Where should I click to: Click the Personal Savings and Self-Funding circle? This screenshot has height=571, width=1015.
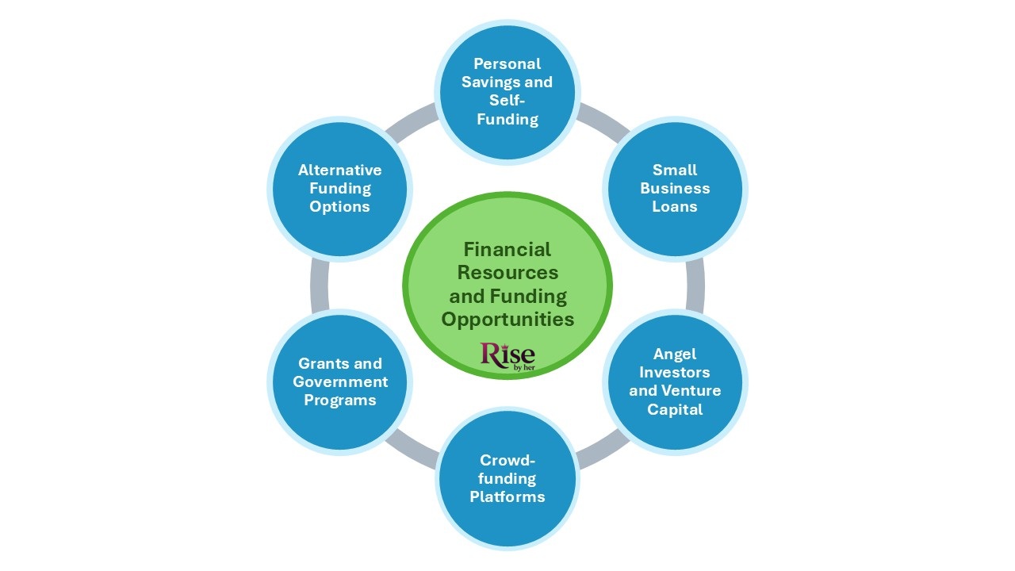[507, 91]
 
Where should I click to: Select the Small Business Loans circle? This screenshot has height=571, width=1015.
[675, 189]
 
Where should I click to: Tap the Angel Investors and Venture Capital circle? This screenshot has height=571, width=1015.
[675, 381]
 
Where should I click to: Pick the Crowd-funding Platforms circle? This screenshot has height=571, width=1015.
[507, 478]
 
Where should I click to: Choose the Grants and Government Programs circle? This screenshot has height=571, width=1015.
[340, 381]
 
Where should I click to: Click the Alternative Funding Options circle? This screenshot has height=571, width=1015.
[340, 189]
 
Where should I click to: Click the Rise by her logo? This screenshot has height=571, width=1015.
[507, 355]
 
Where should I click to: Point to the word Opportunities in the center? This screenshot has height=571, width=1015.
[507, 320]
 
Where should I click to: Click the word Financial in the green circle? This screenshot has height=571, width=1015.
[507, 249]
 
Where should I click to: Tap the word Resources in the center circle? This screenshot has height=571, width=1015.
[507, 273]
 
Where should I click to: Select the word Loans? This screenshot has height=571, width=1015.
[675, 207]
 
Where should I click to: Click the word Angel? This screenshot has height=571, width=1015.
[675, 354]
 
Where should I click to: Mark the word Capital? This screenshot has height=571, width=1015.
[675, 409]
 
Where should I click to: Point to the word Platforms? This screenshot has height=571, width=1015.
[507, 497]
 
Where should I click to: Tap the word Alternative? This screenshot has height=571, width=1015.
[340, 170]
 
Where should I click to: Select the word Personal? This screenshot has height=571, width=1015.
[507, 63]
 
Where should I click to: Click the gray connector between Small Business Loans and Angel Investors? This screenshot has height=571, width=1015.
[695, 285]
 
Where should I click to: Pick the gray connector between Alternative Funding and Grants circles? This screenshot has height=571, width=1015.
[320, 285]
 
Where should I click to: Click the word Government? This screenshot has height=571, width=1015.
[340, 381]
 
